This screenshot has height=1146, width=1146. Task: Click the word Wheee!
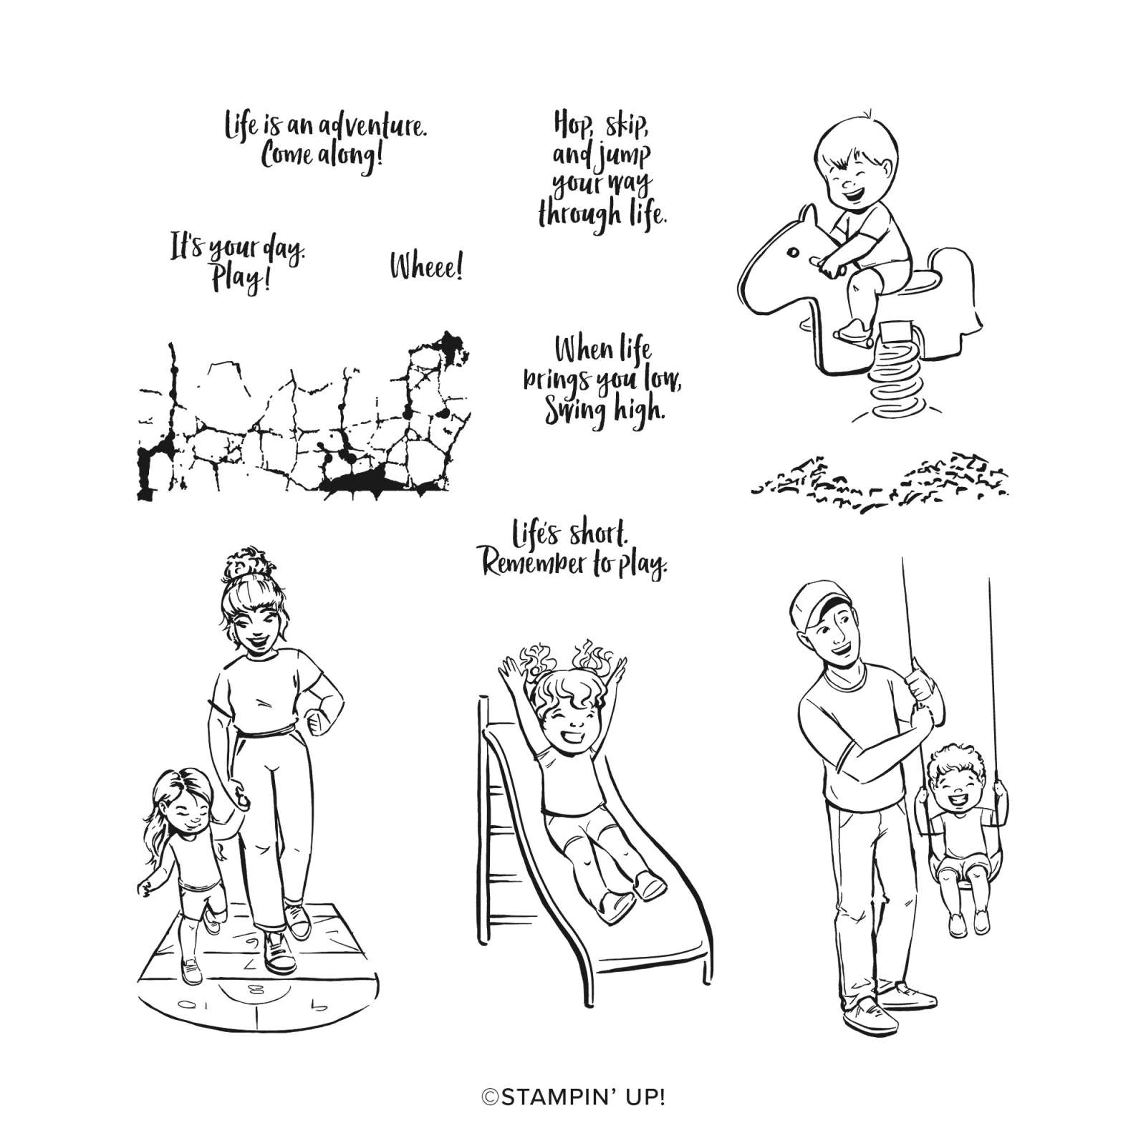click(x=426, y=267)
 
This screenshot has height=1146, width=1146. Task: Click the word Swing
click(x=570, y=411)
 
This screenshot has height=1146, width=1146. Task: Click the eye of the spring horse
click(x=792, y=251)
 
